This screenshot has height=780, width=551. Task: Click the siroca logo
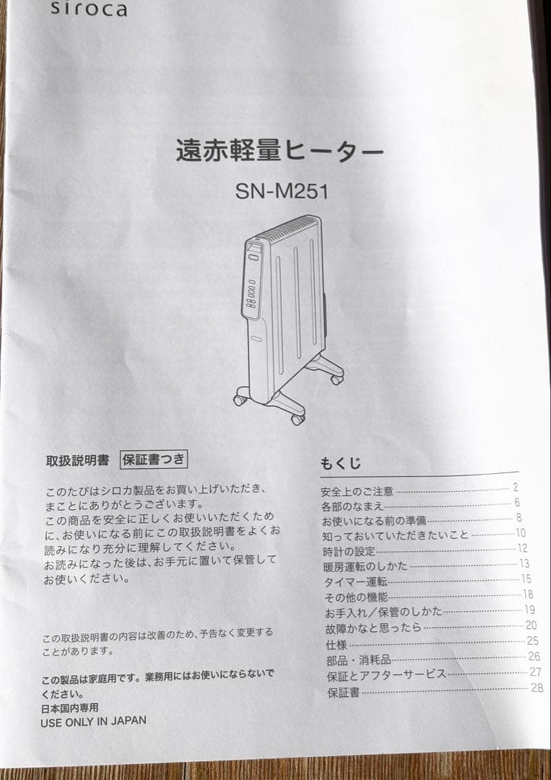point(89,9)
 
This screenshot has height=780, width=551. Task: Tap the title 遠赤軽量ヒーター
point(280,152)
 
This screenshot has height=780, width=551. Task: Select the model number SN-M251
point(282,191)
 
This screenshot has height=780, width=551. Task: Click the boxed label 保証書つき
point(153,459)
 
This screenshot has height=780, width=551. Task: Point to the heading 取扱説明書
point(77,459)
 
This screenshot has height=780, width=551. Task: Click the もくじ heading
point(340,463)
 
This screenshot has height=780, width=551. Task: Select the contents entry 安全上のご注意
point(357,491)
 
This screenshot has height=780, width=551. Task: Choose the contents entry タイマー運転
point(356,581)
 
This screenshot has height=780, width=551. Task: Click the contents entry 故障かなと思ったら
point(373,628)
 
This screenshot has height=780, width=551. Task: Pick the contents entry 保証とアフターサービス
point(386,675)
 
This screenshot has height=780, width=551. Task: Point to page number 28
point(537,688)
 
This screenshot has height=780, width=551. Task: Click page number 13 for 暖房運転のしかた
point(525,563)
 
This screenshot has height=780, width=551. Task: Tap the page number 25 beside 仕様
point(533,641)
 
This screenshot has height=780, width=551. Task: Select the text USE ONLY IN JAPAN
point(93,721)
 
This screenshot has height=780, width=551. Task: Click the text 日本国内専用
point(69,708)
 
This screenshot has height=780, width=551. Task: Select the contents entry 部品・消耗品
point(358,659)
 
